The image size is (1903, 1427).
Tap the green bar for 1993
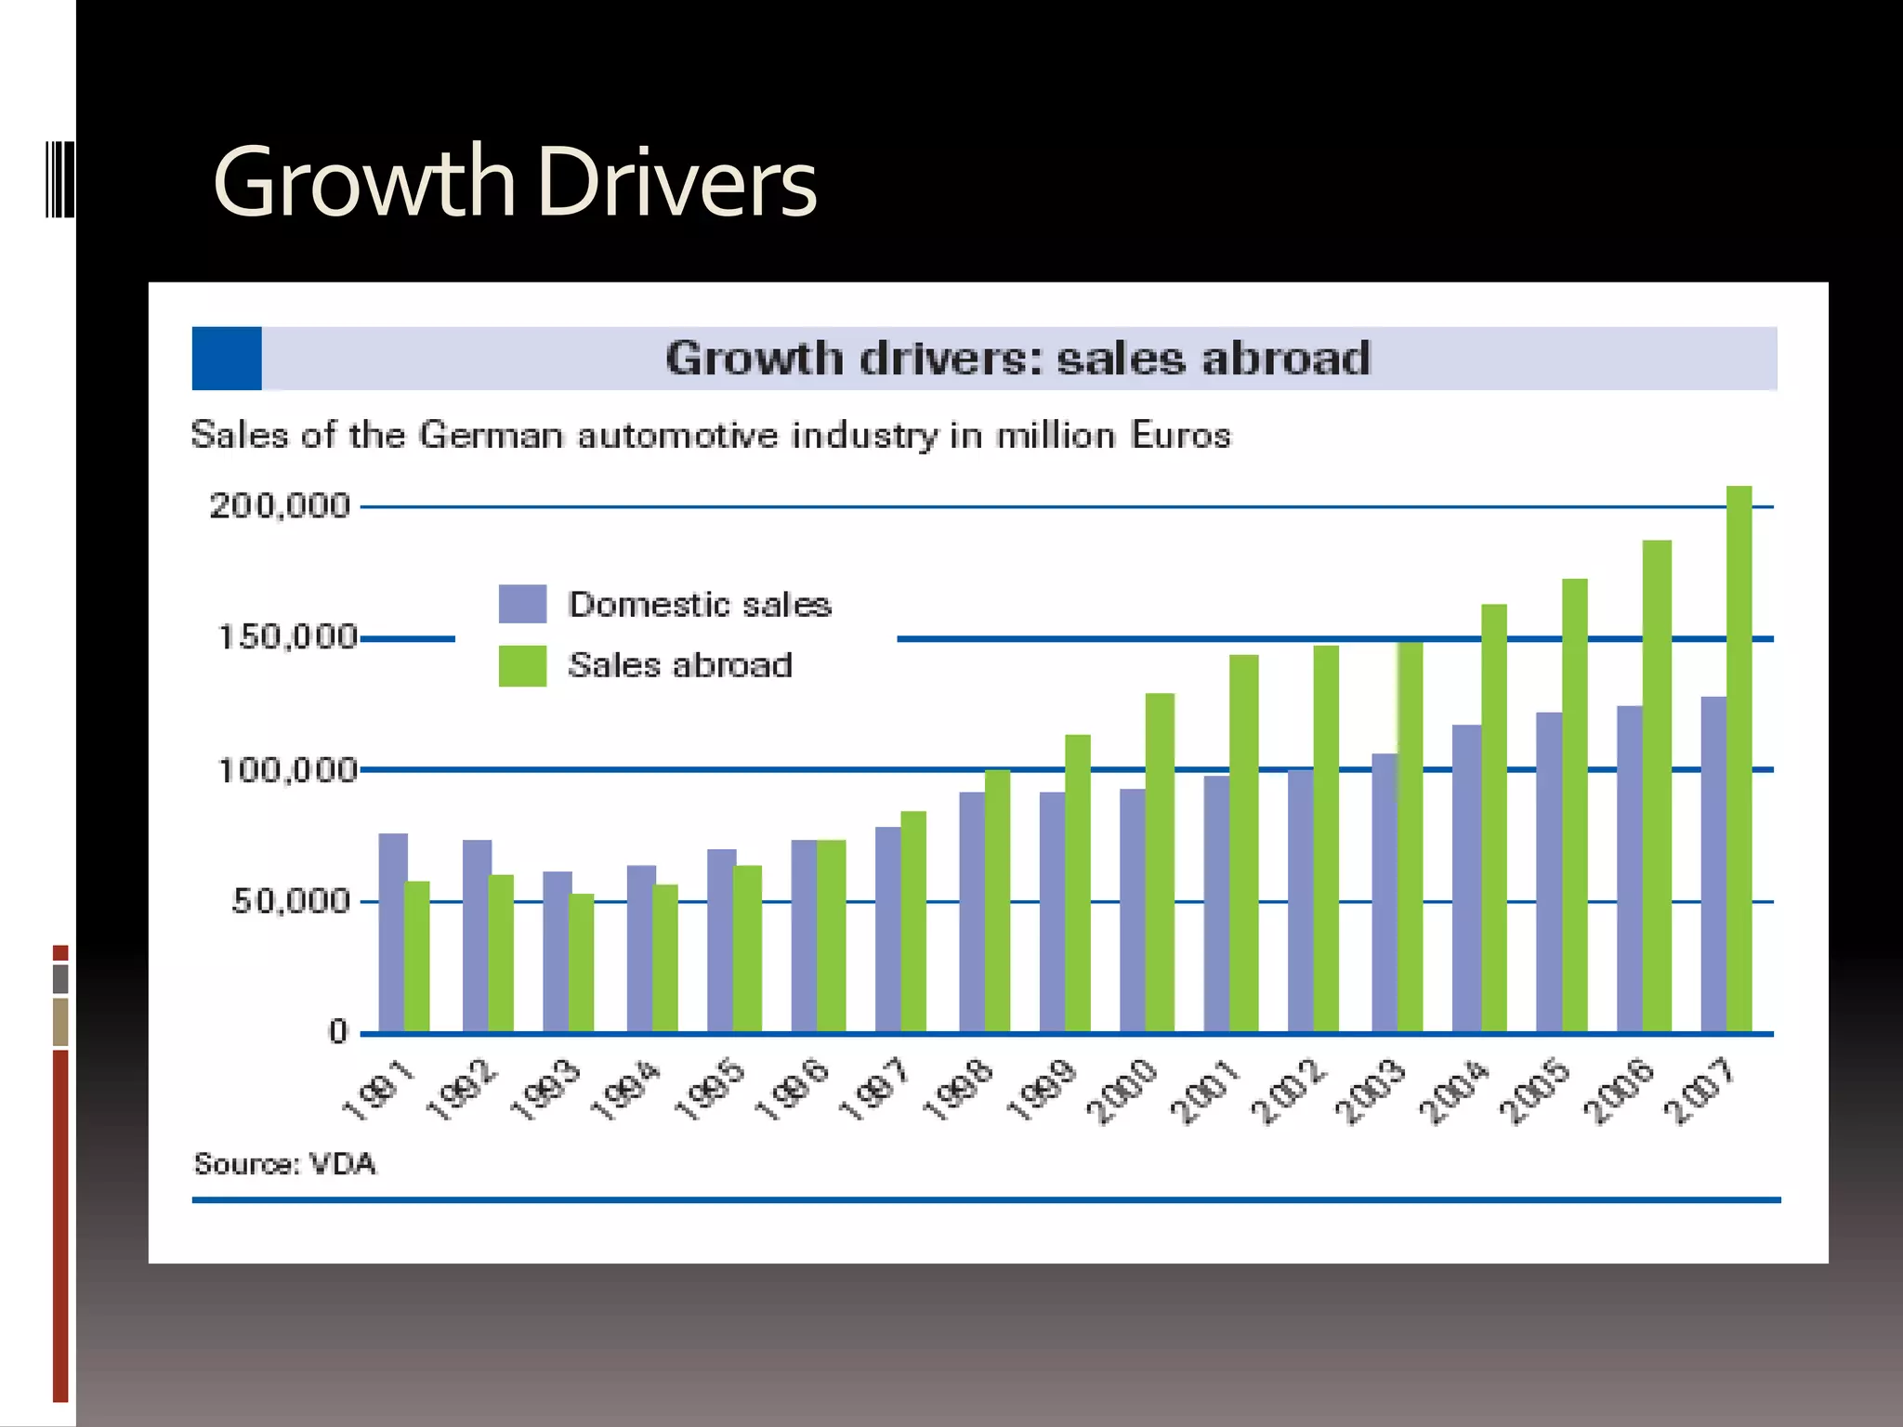click(x=581, y=962)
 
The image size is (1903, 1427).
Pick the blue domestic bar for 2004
click(x=1465, y=878)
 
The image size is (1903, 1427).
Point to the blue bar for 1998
click(x=971, y=911)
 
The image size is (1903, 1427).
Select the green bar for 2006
click(x=1657, y=785)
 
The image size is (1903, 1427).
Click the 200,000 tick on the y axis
click(x=279, y=506)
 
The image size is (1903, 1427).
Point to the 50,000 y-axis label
click(x=290, y=901)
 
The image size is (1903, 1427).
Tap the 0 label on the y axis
click(x=337, y=1032)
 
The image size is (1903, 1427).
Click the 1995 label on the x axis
click(x=710, y=1091)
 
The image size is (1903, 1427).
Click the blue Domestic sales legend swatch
click(x=522, y=604)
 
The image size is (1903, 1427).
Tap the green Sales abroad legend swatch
click(x=522, y=666)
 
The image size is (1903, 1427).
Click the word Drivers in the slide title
click(x=676, y=182)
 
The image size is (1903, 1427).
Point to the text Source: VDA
click(x=284, y=1164)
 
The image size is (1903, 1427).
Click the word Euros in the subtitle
click(x=1180, y=435)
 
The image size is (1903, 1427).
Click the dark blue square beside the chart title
click(x=227, y=359)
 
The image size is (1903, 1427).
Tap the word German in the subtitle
click(x=491, y=435)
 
